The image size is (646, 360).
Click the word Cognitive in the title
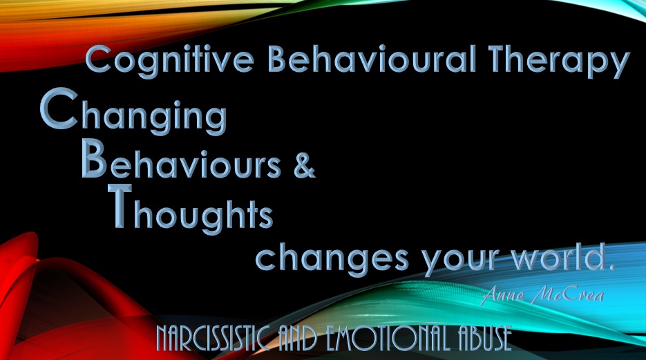tap(170, 61)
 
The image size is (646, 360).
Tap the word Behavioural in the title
tap(372, 59)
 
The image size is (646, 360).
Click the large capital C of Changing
tap(59, 108)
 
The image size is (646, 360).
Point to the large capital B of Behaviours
tap(95, 158)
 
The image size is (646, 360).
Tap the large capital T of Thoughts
tap(120, 205)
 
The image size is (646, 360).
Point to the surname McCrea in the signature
tap(568, 295)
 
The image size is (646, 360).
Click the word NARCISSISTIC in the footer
tap(213, 339)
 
